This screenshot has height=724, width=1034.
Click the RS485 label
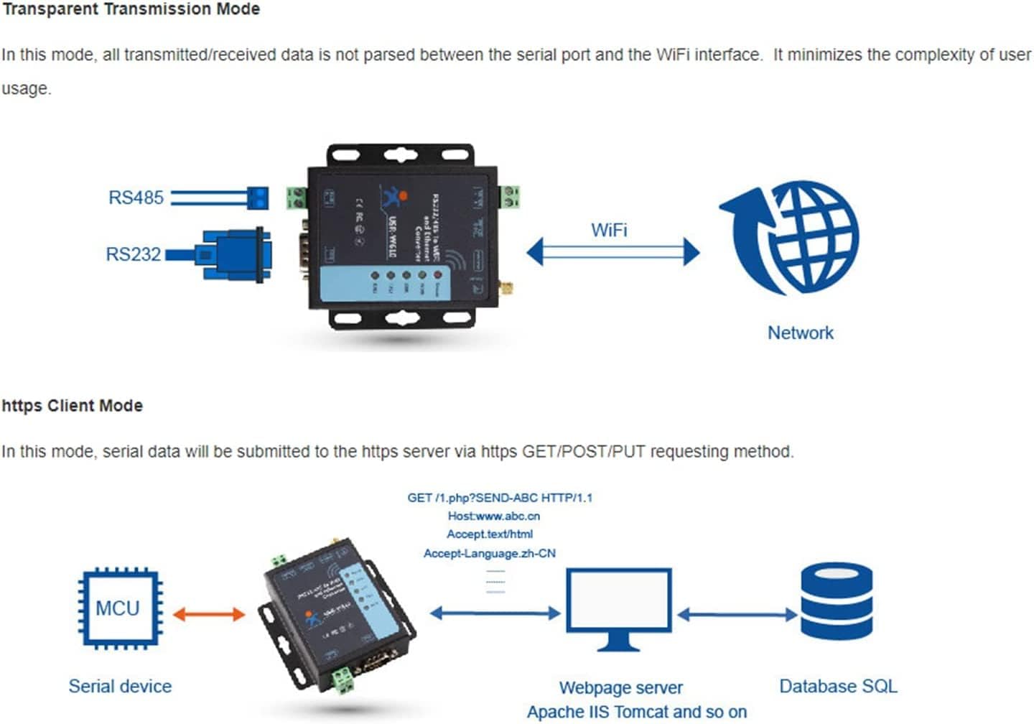pyautogui.click(x=136, y=198)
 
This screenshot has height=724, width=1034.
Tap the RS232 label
pyautogui.click(x=133, y=254)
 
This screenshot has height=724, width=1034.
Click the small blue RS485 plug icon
pyautogui.click(x=257, y=198)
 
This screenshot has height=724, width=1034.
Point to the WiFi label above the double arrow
pyautogui.click(x=609, y=230)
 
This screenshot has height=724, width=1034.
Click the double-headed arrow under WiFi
pyautogui.click(x=613, y=252)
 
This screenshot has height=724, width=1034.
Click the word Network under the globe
pyautogui.click(x=801, y=333)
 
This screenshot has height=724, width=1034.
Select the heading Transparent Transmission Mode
pyautogui.click(x=131, y=9)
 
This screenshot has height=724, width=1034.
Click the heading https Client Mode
pyautogui.click(x=73, y=406)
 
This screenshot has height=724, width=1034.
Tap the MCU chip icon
pyautogui.click(x=118, y=608)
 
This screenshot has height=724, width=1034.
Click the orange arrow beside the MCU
pyautogui.click(x=209, y=614)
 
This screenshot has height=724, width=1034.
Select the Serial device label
pyautogui.click(x=120, y=687)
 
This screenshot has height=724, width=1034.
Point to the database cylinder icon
pyautogui.click(x=837, y=602)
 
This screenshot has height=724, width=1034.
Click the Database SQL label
pyautogui.click(x=838, y=687)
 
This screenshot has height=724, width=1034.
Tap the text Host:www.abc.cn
pyautogui.click(x=494, y=516)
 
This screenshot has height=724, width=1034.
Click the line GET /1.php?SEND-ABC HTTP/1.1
pyautogui.click(x=500, y=497)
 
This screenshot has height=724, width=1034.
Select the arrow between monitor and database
pyautogui.click(x=737, y=614)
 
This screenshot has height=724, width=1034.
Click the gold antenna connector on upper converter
pyautogui.click(x=506, y=289)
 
